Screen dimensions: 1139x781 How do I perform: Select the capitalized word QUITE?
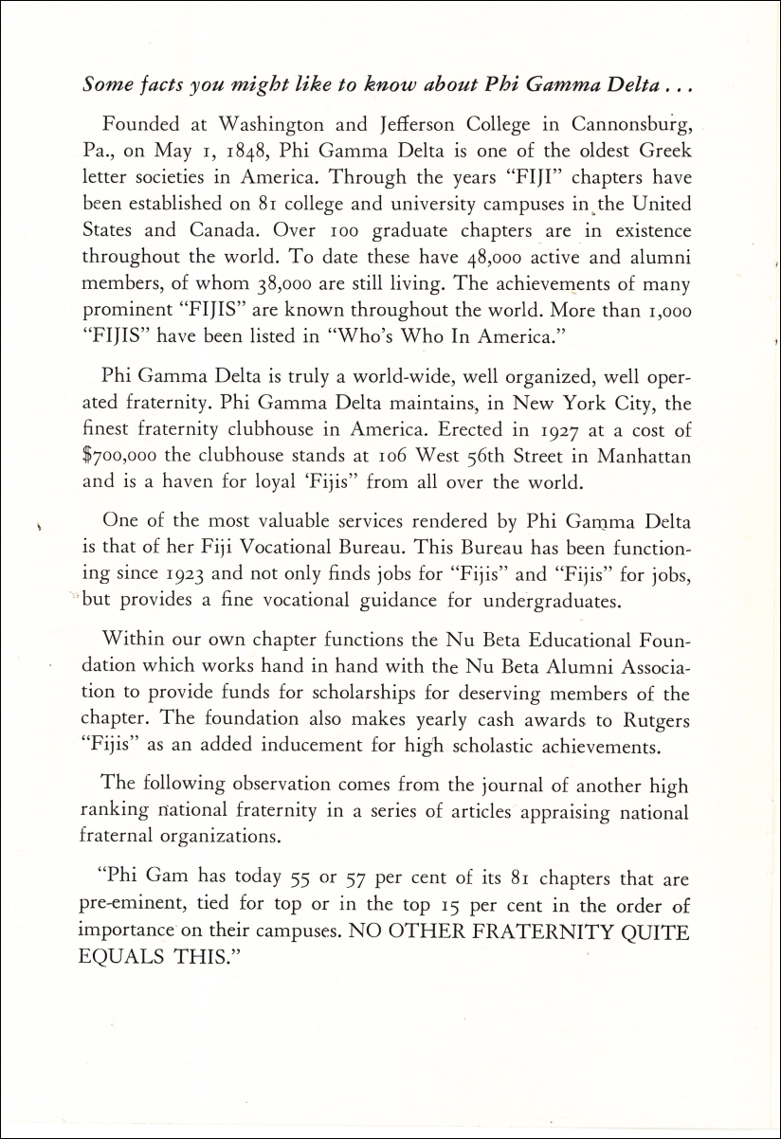click(x=649, y=930)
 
